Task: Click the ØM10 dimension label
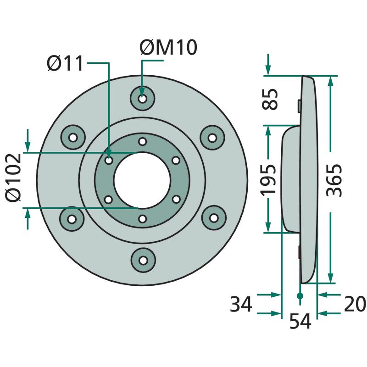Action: pos(168,48)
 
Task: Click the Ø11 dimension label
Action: pos(66,63)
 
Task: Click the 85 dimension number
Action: pos(271,99)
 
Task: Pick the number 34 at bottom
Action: pos(241,304)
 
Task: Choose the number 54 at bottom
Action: pos(300,322)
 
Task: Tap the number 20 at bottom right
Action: pos(354,304)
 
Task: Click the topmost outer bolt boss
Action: pos(142,99)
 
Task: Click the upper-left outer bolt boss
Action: pos(72,137)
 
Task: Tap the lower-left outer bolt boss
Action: pos(72,219)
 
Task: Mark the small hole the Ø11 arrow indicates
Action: pos(109,161)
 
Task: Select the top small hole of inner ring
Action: pos(142,141)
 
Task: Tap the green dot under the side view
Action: pos(300,296)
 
